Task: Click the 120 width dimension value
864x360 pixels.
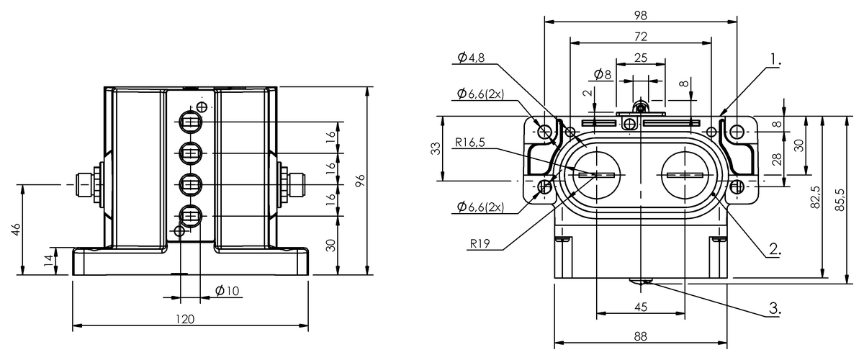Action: tap(185, 319)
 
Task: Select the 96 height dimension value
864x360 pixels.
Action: tap(360, 181)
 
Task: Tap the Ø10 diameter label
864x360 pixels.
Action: tap(228, 291)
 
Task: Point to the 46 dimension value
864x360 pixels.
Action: tap(15, 229)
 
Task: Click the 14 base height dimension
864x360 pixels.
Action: tap(48, 261)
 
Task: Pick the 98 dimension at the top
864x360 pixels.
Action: tap(640, 15)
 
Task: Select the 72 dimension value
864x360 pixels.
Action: tap(640, 37)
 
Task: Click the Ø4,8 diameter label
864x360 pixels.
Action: tap(471, 58)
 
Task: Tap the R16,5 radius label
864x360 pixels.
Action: tap(469, 143)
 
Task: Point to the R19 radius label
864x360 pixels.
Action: tap(480, 244)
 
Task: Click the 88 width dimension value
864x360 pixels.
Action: tap(640, 336)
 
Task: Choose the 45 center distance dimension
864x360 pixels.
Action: tap(640, 307)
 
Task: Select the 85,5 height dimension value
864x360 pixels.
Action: tap(840, 199)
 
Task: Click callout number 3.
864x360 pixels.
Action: tap(775, 308)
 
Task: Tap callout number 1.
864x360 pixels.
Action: tap(775, 59)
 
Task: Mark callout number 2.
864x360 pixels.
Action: tap(775, 249)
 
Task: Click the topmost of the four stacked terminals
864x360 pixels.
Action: tap(190, 122)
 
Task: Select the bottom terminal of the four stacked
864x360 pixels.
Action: tap(190, 216)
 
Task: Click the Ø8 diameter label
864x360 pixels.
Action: tap(603, 74)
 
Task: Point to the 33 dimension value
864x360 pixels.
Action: tap(436, 148)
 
